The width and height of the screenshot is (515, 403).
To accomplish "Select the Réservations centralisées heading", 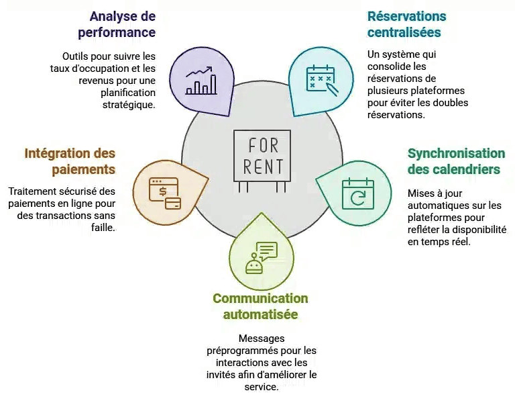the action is (x=406, y=24).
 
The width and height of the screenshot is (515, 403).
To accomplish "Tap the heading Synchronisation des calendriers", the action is (x=456, y=161).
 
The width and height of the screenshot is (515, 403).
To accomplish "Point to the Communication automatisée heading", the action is (x=260, y=306).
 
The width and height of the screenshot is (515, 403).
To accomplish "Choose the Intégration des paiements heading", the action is (x=70, y=161).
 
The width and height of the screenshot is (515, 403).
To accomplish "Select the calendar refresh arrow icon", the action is (x=357, y=193).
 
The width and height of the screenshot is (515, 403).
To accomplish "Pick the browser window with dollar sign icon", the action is (x=164, y=193).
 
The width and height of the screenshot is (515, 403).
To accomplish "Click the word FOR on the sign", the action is (x=263, y=145).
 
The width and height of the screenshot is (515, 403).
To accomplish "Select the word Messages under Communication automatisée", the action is (x=262, y=339).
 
